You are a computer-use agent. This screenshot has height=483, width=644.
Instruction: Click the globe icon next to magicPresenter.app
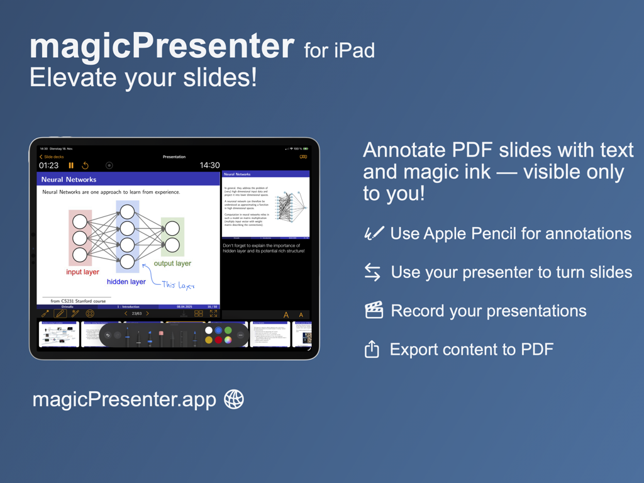[x=234, y=399]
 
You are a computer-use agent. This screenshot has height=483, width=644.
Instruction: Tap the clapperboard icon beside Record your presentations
[x=374, y=310]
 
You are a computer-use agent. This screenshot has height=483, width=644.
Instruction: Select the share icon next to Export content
[x=372, y=349]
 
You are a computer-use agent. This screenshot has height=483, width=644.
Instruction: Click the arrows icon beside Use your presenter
[x=372, y=272]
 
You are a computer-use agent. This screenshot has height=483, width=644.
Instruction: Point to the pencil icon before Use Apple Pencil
[x=374, y=233]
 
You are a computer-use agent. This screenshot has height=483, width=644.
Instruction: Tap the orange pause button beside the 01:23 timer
[x=71, y=165]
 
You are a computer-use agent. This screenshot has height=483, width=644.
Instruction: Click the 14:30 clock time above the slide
[x=209, y=165]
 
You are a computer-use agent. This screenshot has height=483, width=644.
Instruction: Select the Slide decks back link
[x=52, y=157]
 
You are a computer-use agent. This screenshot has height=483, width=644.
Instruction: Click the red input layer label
[x=82, y=272]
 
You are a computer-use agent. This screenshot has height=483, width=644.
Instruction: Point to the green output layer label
[x=172, y=264]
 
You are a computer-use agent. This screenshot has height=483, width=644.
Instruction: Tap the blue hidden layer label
[x=126, y=282]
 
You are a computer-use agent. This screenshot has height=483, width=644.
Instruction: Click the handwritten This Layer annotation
[x=178, y=285]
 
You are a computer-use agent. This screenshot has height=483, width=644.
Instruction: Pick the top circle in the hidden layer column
[x=127, y=212]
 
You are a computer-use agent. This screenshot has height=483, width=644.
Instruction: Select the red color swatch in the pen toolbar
[x=218, y=340]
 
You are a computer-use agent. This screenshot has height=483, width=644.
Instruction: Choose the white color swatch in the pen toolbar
[x=209, y=330]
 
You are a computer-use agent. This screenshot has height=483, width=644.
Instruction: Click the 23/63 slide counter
[x=136, y=313]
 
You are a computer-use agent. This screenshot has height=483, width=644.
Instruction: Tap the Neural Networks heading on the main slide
[x=69, y=179]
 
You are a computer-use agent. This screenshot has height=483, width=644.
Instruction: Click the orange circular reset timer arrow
[x=86, y=165]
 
